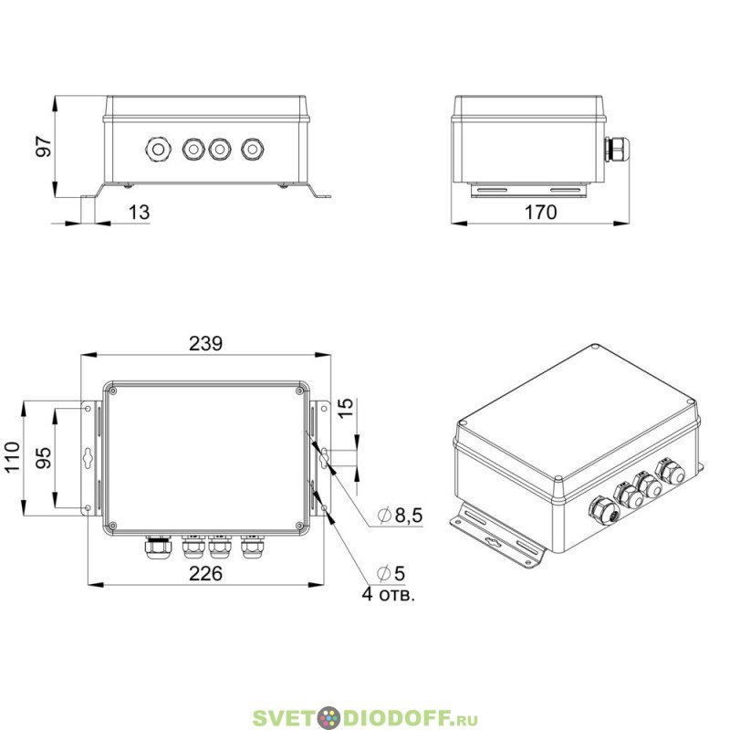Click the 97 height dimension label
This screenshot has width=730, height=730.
[44, 146]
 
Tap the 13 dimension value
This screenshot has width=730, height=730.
[139, 213]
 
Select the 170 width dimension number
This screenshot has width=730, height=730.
[540, 213]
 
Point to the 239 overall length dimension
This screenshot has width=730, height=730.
[206, 344]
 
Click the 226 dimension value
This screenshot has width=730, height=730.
[206, 574]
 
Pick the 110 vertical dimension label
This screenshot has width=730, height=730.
[13, 457]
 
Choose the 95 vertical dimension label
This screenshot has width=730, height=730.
[44, 457]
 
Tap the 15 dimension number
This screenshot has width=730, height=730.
[346, 408]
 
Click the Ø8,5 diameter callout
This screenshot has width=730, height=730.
[400, 516]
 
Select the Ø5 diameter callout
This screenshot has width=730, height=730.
[391, 574]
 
